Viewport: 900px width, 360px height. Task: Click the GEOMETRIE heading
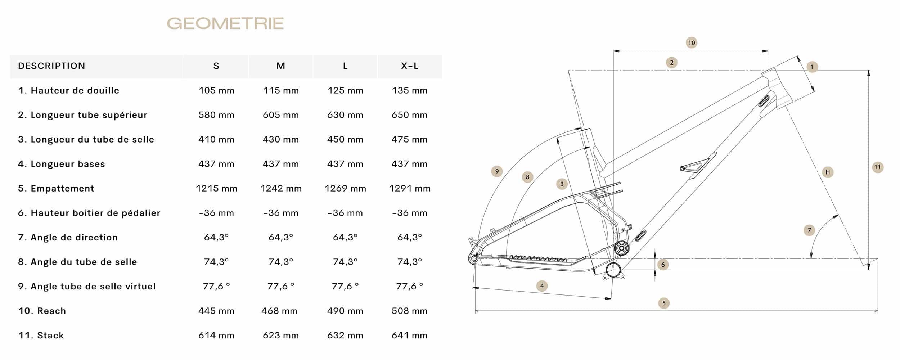(x=225, y=23)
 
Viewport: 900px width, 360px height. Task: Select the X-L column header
(x=410, y=66)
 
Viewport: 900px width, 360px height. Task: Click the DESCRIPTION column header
(x=51, y=66)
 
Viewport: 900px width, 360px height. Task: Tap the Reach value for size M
(x=280, y=311)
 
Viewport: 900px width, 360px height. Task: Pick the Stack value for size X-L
(x=410, y=335)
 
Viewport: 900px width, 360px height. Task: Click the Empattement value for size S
(x=216, y=188)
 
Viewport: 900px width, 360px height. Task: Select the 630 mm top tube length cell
(x=345, y=115)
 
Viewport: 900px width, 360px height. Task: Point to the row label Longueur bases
(x=61, y=164)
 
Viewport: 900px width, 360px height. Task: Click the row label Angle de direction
(x=68, y=237)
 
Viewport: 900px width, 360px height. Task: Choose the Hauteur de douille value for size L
(x=345, y=90)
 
